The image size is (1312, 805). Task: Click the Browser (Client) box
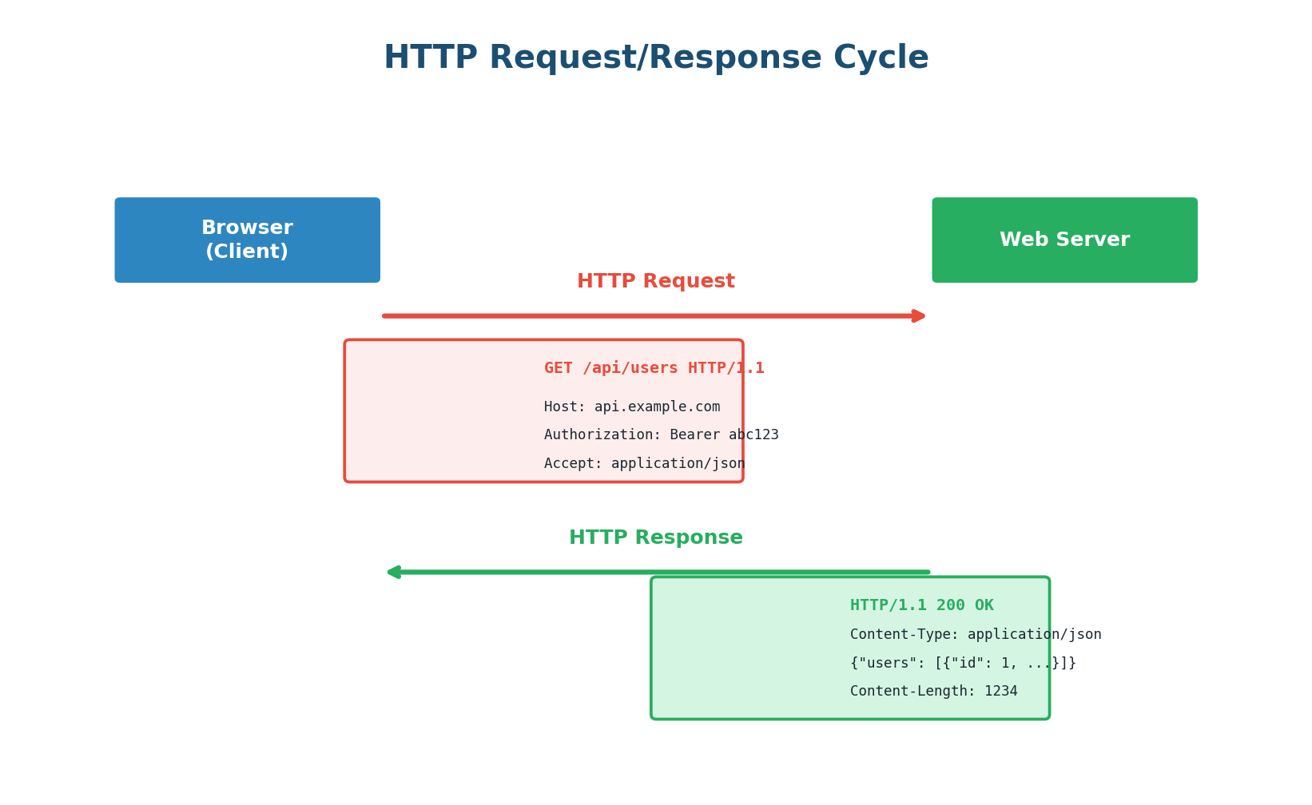pos(247,240)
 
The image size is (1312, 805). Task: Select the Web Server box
pos(1064,240)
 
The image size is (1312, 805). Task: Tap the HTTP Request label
pos(655,282)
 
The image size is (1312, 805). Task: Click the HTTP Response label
pos(655,538)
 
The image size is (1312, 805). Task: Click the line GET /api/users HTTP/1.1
pos(654,368)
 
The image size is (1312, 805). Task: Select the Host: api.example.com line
pos(631,407)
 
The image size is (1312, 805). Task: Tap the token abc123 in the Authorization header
pos(753,435)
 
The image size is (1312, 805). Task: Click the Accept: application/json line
pos(644,464)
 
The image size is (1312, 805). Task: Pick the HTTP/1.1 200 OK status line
pos(921,605)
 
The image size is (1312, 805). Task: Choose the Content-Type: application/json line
pos(975,635)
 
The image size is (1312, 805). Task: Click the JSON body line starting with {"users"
pos(962,664)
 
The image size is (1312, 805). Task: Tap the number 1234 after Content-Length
pos(1000,692)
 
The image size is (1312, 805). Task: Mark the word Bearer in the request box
pos(694,435)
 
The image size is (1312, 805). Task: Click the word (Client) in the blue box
pos(247,252)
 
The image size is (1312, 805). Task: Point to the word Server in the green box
pos(1095,240)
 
